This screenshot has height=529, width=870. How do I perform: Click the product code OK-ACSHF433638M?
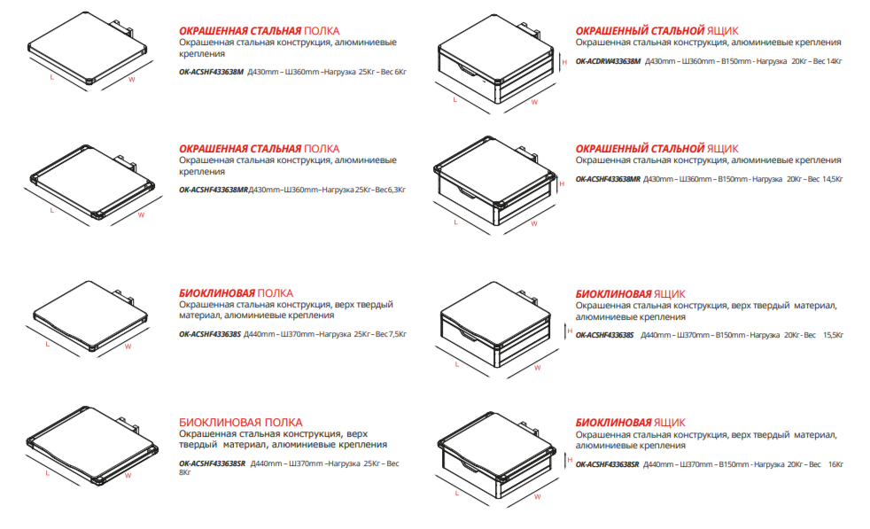(x=211, y=72)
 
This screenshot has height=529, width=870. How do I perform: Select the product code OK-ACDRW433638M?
(x=608, y=62)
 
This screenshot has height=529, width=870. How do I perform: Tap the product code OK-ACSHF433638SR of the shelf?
(x=212, y=463)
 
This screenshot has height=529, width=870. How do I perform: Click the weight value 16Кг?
(x=835, y=464)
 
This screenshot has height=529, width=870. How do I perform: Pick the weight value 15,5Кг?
(x=833, y=335)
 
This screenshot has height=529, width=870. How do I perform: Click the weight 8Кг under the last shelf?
(x=185, y=472)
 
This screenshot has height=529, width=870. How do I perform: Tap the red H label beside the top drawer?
(x=564, y=62)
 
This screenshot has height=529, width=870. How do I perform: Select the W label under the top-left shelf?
(x=131, y=80)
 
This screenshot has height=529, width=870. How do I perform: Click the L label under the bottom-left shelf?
(x=48, y=473)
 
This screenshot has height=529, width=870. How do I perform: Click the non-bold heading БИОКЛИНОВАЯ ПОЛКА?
(x=240, y=423)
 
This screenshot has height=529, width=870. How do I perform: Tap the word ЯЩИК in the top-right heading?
(x=723, y=31)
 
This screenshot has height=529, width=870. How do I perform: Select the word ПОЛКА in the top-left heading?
(x=322, y=31)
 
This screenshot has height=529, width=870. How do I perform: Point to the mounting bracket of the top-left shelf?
(x=123, y=27)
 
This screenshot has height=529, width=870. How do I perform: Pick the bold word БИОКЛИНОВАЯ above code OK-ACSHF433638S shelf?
(x=216, y=293)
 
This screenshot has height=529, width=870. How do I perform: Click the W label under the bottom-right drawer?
(x=537, y=497)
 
